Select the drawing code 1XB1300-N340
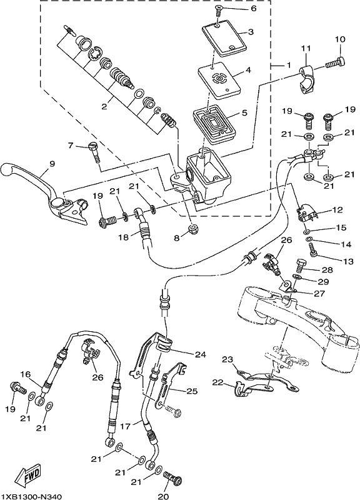pyautogui.click(x=32, y=496)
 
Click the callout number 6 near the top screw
pyautogui.click(x=253, y=8)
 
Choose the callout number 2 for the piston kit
pyautogui.click(x=104, y=106)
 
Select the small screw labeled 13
pyautogui.click(x=314, y=249)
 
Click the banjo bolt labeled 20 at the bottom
pyautogui.click(x=172, y=479)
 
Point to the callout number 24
pyautogui.click(x=201, y=354)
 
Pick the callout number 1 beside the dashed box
pyautogui.click(x=288, y=65)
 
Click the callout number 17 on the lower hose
pyautogui.click(x=126, y=426)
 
